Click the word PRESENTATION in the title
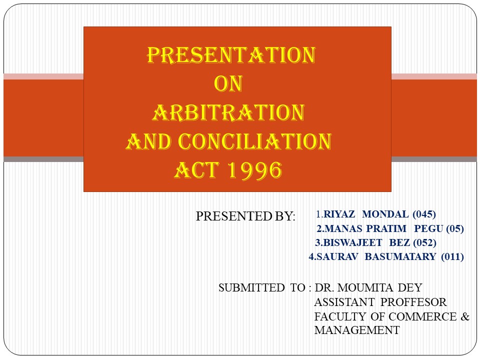230,55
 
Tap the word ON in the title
228,84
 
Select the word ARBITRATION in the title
228,113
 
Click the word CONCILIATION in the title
255,142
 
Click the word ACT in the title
196,171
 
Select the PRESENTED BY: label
245,216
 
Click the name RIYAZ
340,215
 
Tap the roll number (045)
424,215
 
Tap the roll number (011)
452,257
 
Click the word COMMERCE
423,316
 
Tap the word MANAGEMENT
356,330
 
